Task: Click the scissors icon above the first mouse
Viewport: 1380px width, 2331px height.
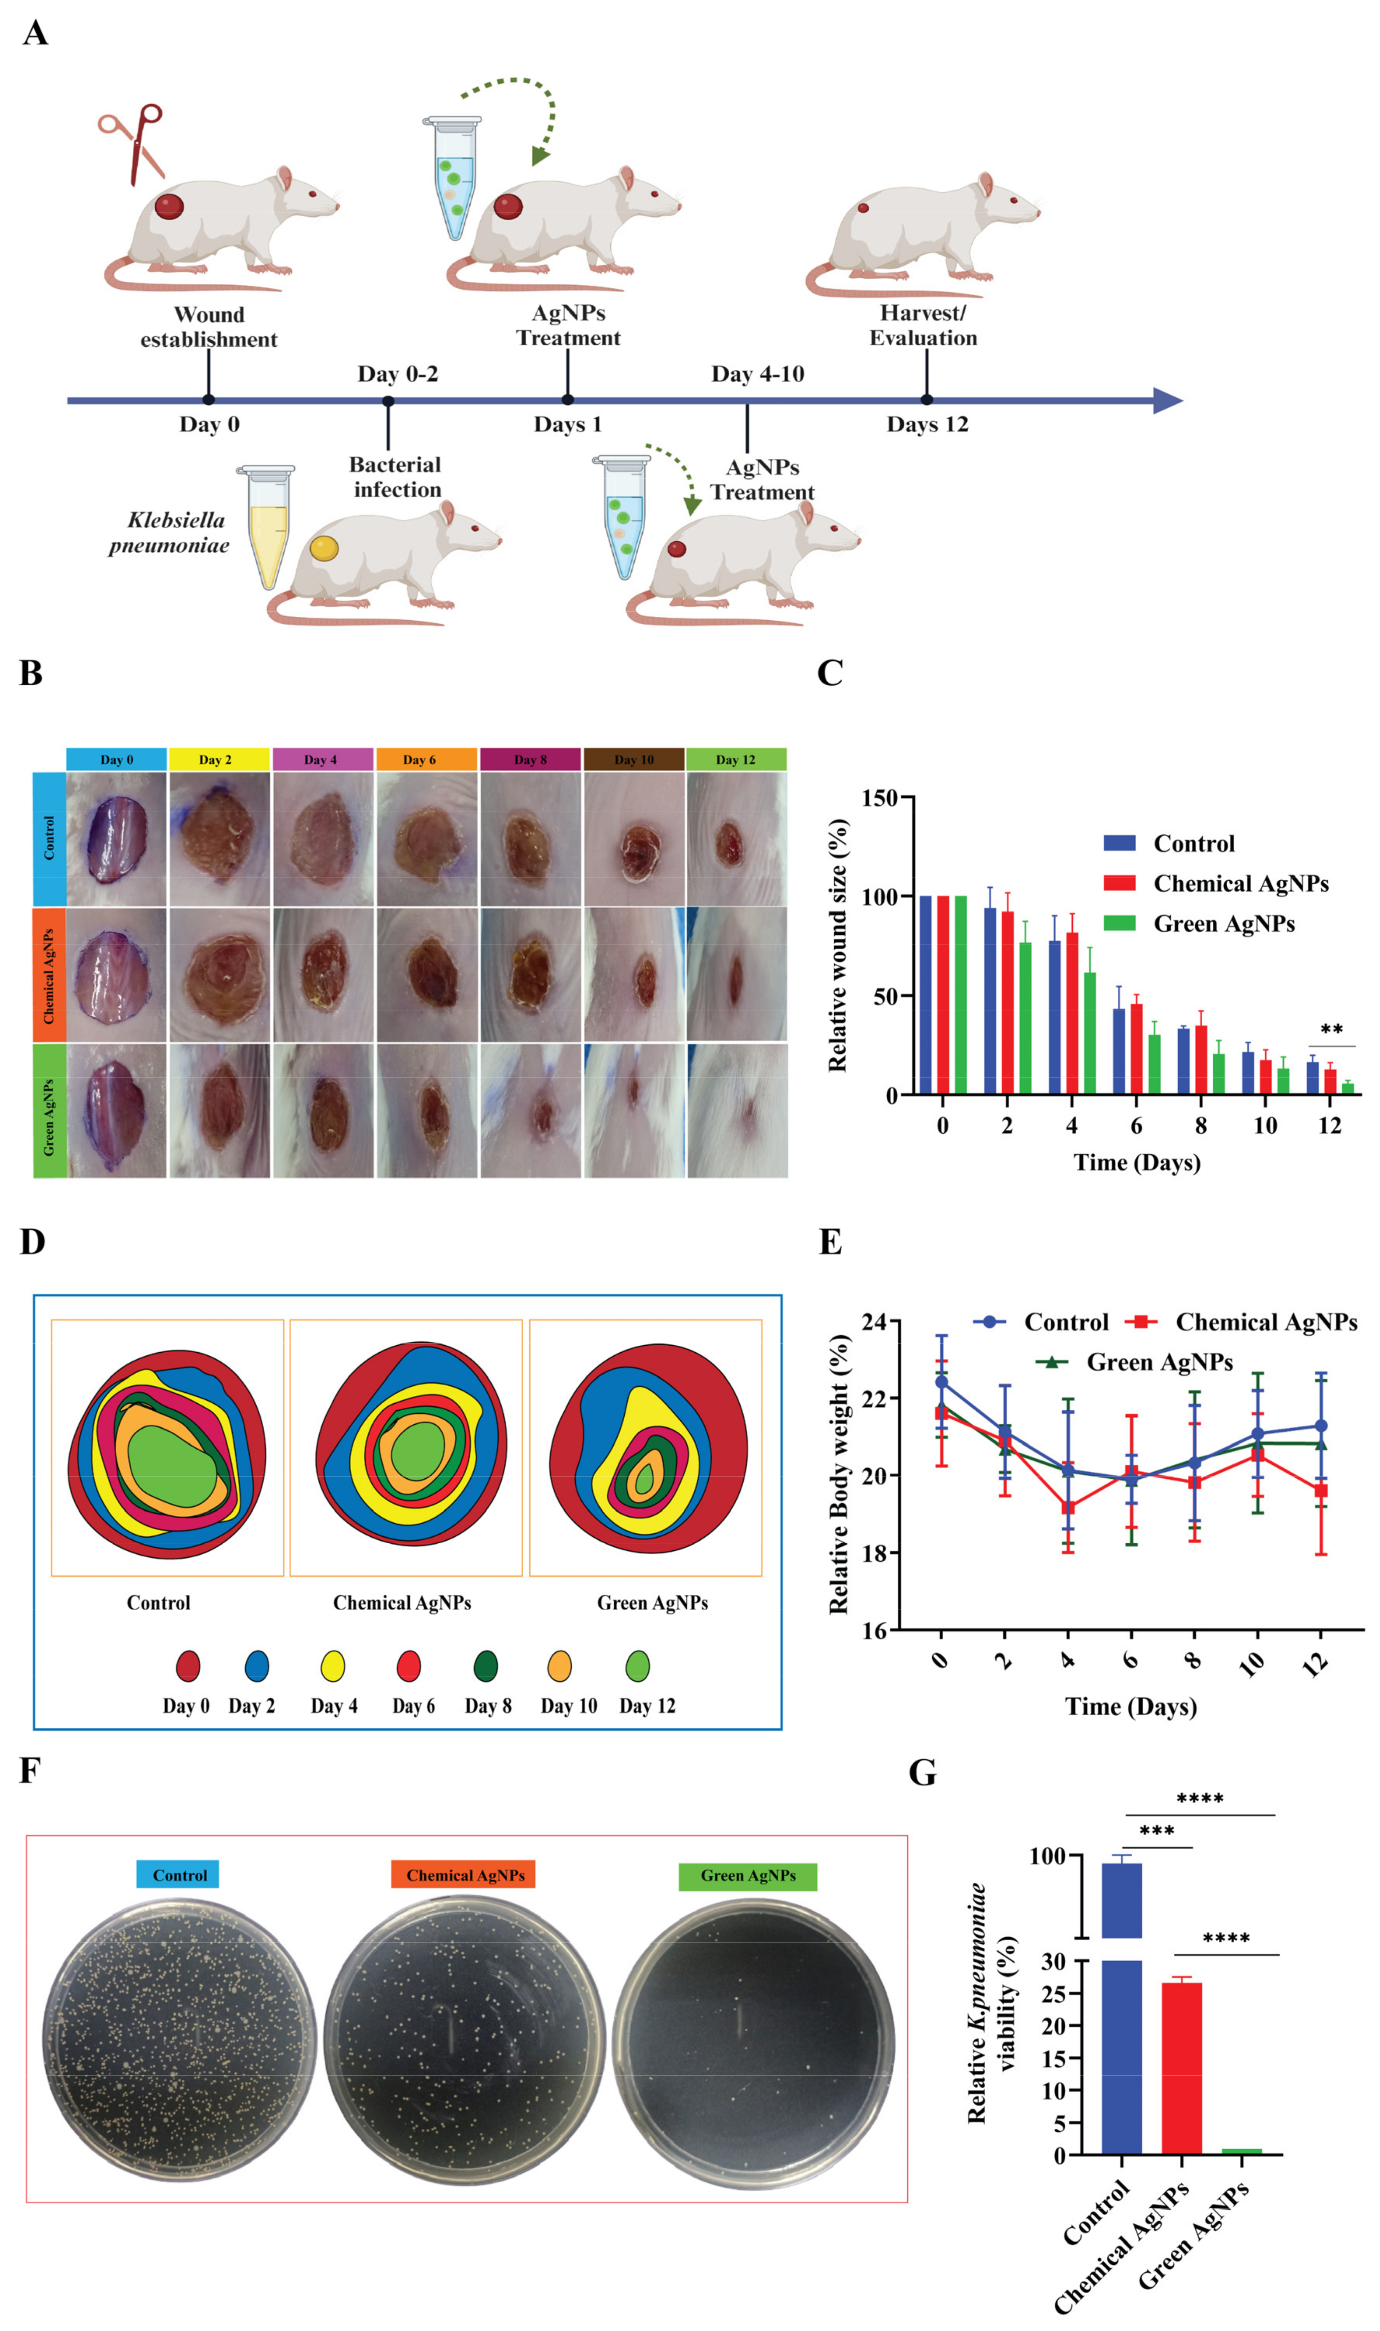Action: [133, 144]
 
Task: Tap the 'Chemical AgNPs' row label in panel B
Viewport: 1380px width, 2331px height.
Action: [49, 976]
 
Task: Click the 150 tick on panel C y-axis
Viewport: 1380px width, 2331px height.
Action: [881, 797]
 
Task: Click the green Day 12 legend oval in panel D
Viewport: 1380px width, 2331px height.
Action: [637, 1666]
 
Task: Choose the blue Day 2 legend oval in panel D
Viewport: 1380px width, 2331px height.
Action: [257, 1666]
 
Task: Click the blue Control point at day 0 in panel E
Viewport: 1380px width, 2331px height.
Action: [941, 1382]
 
